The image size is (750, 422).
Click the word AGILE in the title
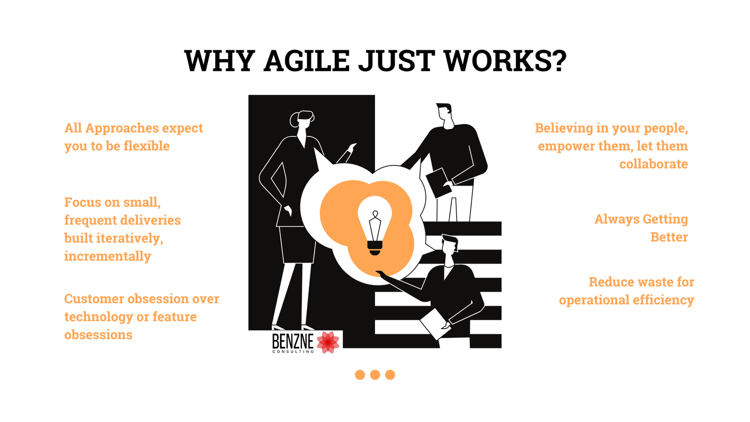307,60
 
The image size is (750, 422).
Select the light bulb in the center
375,226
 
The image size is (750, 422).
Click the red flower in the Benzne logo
328,342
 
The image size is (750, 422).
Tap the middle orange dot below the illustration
375,375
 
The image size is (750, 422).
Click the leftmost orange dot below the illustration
360,375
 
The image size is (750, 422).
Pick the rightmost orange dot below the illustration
390,375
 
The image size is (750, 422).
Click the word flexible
146,146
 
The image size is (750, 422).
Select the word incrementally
107,256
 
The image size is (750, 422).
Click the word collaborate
653,164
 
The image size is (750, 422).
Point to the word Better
669,237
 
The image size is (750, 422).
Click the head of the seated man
450,244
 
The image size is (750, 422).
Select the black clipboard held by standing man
438,182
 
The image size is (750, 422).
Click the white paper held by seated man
435,324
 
